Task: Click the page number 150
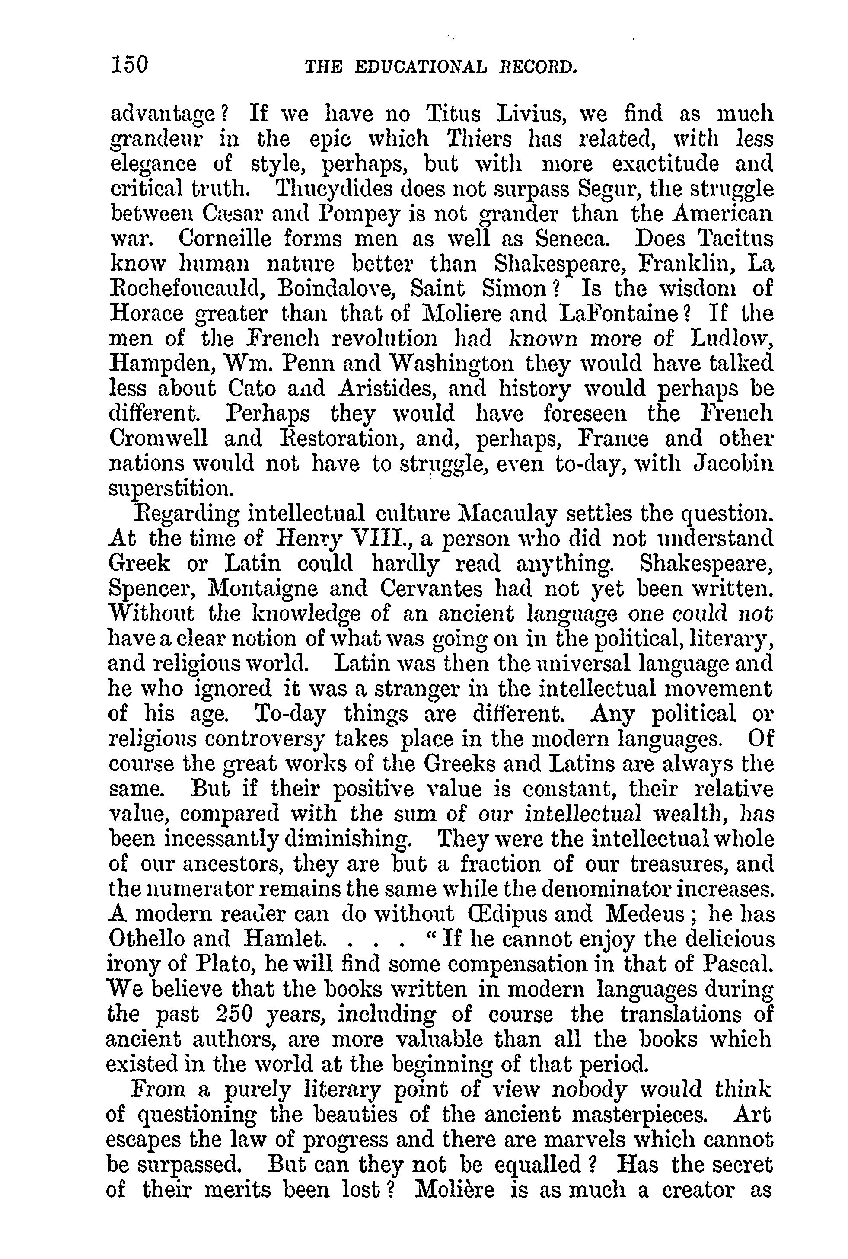click(129, 65)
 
